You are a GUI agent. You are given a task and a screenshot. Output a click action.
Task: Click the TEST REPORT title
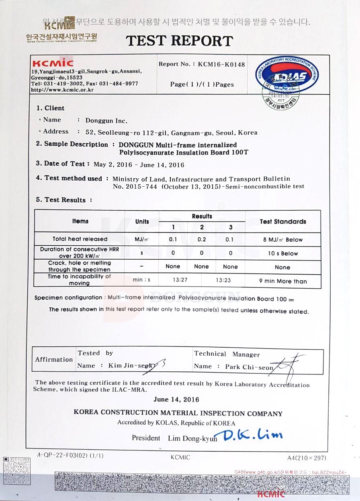pyautogui.click(x=179, y=41)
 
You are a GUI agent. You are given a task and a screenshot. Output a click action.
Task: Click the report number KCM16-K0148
pyautogui.click(x=221, y=64)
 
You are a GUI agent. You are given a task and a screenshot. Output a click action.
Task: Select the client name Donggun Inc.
pyautogui.click(x=106, y=120)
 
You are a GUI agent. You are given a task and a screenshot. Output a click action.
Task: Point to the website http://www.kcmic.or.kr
pyautogui.click(x=62, y=90)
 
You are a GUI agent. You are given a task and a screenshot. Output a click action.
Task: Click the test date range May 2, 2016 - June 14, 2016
pyautogui.click(x=139, y=165)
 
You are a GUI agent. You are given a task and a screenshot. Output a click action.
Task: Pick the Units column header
pyautogui.click(x=142, y=222)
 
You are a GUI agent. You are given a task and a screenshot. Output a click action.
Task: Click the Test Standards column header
pyautogui.click(x=283, y=222)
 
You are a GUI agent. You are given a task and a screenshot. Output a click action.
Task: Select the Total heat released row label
pyautogui.click(x=80, y=239)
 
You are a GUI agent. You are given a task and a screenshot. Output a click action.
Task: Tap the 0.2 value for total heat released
pyautogui.click(x=202, y=239)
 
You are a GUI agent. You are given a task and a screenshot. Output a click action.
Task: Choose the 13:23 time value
pyautogui.click(x=223, y=280)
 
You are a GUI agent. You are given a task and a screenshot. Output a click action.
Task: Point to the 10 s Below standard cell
pyautogui.click(x=283, y=253)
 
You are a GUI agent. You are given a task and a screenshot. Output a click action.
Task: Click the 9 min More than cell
pyautogui.click(x=283, y=281)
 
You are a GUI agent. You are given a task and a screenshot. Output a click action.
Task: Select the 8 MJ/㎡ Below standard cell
pyautogui.click(x=283, y=240)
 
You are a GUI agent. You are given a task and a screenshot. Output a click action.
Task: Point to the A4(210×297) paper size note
pyautogui.click(x=307, y=458)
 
